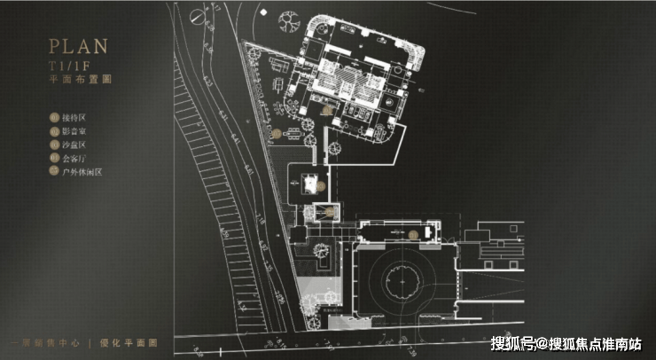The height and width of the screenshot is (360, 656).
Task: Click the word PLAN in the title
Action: (x=77, y=47)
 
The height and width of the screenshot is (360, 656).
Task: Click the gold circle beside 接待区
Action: (x=55, y=116)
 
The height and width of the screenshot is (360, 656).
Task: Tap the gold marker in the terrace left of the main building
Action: (x=276, y=134)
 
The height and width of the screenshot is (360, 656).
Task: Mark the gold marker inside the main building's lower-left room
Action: (x=327, y=111)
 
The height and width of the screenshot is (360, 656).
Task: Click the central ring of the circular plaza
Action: (x=405, y=283)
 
